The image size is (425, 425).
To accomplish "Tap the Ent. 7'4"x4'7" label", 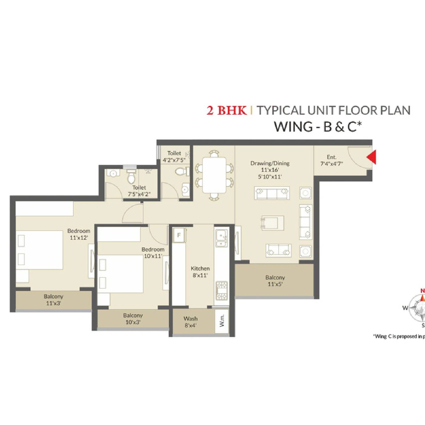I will coord(331,160).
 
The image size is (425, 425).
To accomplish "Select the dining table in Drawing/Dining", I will coord(215,175).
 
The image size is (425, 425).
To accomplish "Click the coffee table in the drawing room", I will coord(272,223).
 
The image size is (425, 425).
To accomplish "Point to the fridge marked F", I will coord(179,235).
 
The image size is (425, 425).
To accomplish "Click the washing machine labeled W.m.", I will coord(222,321).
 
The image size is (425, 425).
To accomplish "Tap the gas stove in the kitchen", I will coord(222,290).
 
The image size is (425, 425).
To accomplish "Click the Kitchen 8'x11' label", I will coord(200,272).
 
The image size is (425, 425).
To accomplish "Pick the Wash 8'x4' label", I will coord(190,322).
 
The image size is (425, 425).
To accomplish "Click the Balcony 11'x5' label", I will coord(275,281).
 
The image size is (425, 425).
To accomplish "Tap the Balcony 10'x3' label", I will coord(133,319).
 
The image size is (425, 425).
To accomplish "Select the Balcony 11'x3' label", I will coord(53,300).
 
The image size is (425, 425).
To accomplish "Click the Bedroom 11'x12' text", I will coord(79,234).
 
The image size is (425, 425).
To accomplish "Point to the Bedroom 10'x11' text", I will coord(153,253).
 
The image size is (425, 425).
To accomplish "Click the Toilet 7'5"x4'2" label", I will coord(139,191).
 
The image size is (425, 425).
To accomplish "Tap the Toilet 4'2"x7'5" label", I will coord(174,157).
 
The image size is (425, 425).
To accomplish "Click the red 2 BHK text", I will coord(227,111).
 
